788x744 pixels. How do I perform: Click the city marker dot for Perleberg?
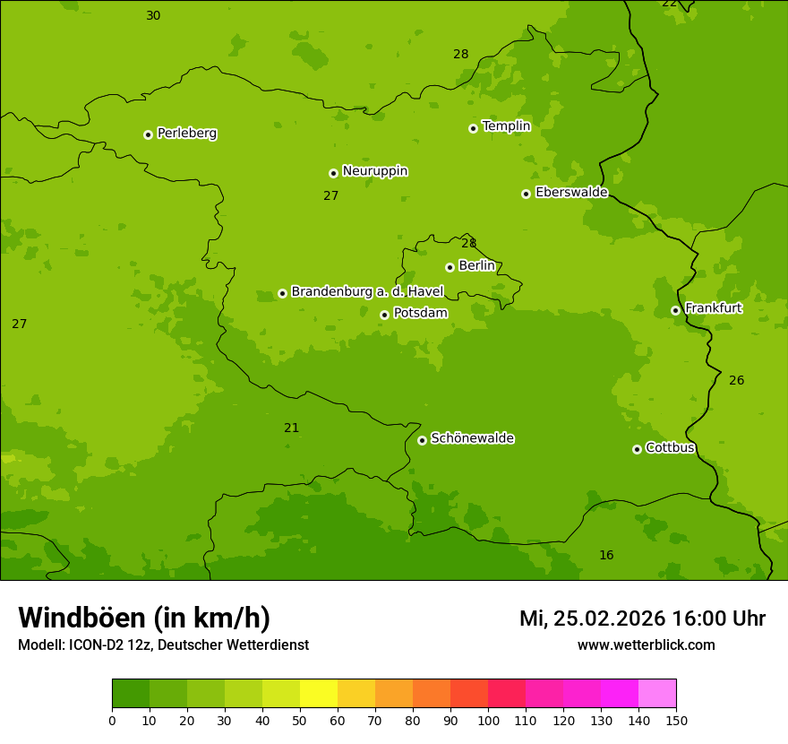148,134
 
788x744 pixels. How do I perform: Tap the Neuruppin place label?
374,171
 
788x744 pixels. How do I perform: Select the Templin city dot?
473,128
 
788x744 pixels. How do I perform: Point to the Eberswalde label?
571,192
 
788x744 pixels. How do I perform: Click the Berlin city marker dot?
450,267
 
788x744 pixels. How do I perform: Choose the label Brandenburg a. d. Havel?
367,291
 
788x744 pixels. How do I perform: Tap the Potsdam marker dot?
384,315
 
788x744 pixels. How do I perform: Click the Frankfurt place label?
713,308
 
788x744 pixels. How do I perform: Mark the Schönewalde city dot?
422,440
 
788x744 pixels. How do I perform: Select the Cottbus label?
670,447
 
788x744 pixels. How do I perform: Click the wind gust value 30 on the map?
153,15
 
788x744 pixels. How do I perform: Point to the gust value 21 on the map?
292,428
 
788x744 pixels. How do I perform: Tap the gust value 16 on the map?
606,555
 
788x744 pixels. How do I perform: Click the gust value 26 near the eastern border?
736,380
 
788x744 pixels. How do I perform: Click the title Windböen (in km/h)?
144,618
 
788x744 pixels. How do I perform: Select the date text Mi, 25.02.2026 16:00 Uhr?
642,619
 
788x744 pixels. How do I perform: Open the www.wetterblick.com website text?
646,645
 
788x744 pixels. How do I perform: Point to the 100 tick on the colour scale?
488,720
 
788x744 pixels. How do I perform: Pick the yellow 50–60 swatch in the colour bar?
319,693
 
